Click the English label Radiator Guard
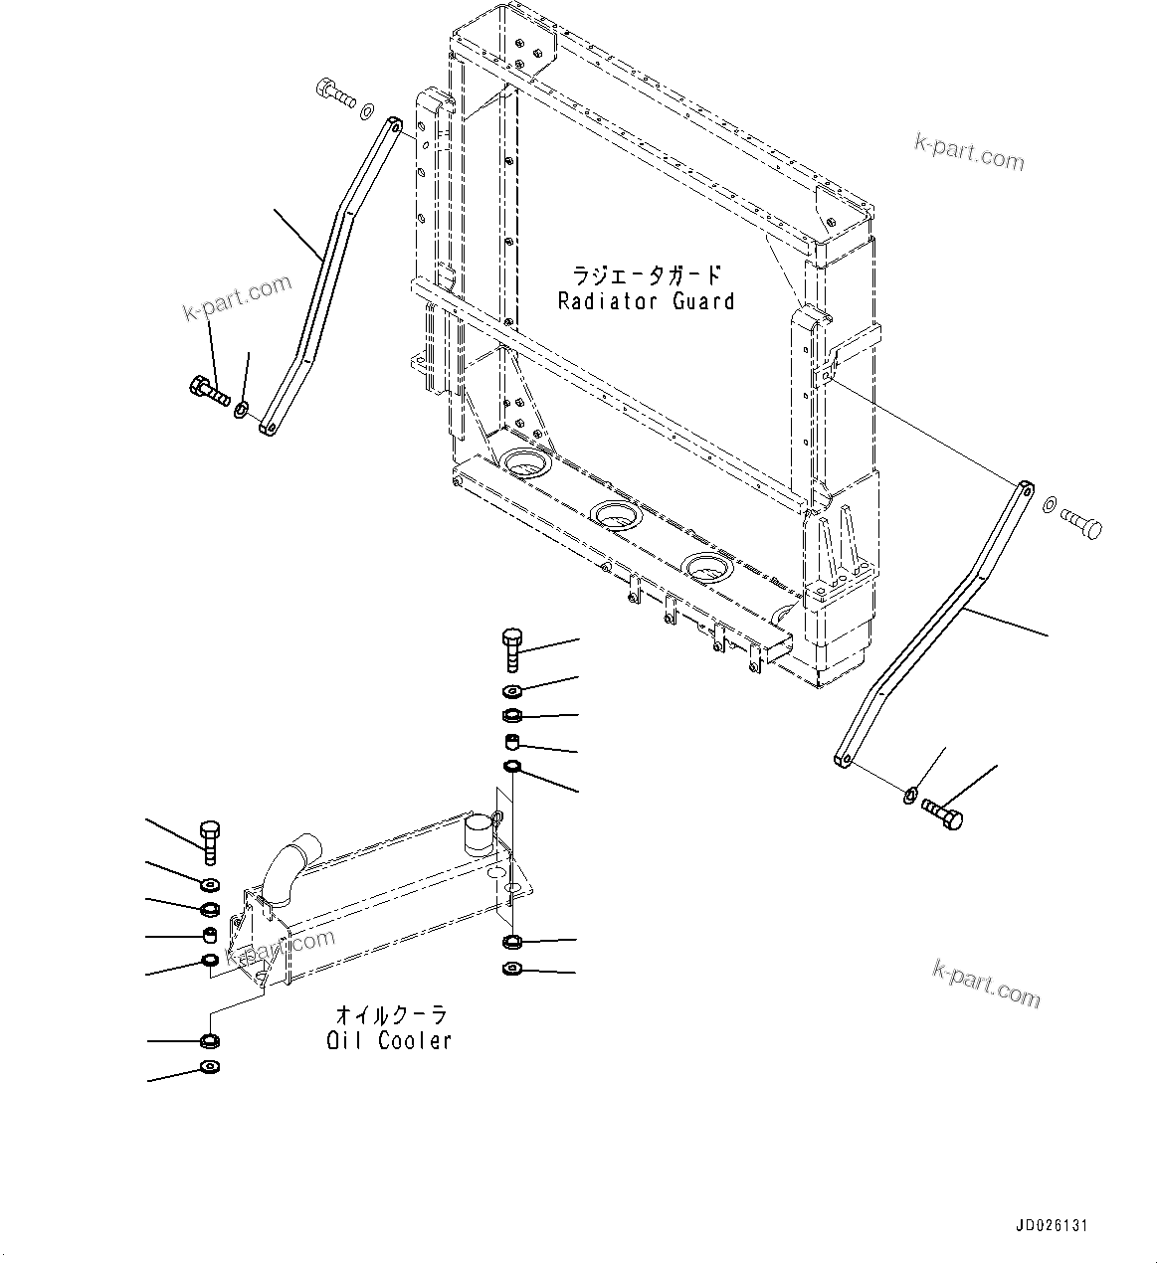coord(646,301)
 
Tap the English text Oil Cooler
coord(389,1041)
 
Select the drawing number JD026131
coord(1053,1226)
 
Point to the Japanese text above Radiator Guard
coord(646,274)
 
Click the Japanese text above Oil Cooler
coord(391,1015)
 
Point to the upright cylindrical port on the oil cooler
coord(481,834)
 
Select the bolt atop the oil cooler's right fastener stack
coord(512,648)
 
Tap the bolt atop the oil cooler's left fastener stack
coord(210,842)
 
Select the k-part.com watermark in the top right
coord(968,151)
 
